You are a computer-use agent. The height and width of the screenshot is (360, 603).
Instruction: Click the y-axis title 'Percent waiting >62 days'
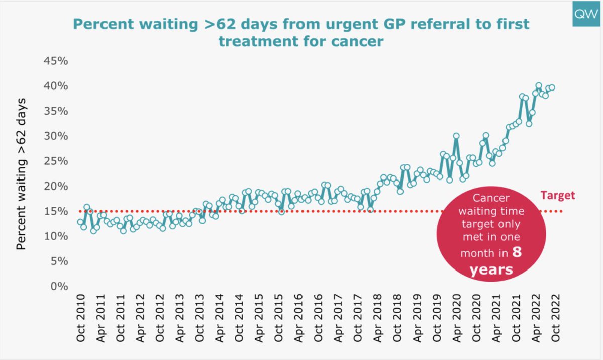pyautogui.click(x=21, y=173)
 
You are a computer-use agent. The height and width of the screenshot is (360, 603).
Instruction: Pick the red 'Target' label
pyautogui.click(x=557, y=196)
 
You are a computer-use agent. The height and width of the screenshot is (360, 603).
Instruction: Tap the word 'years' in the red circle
pyautogui.click(x=491, y=269)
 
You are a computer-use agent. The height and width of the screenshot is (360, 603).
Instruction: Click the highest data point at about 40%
pyautogui.click(x=538, y=86)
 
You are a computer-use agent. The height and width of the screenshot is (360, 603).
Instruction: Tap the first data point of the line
pyautogui.click(x=80, y=222)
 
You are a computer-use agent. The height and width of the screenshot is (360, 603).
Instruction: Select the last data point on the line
pyautogui.click(x=552, y=87)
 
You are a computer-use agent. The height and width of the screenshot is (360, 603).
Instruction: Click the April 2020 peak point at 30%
pyautogui.click(x=456, y=136)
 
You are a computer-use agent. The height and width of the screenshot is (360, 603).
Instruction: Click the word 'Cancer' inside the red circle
pyautogui.click(x=491, y=198)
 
